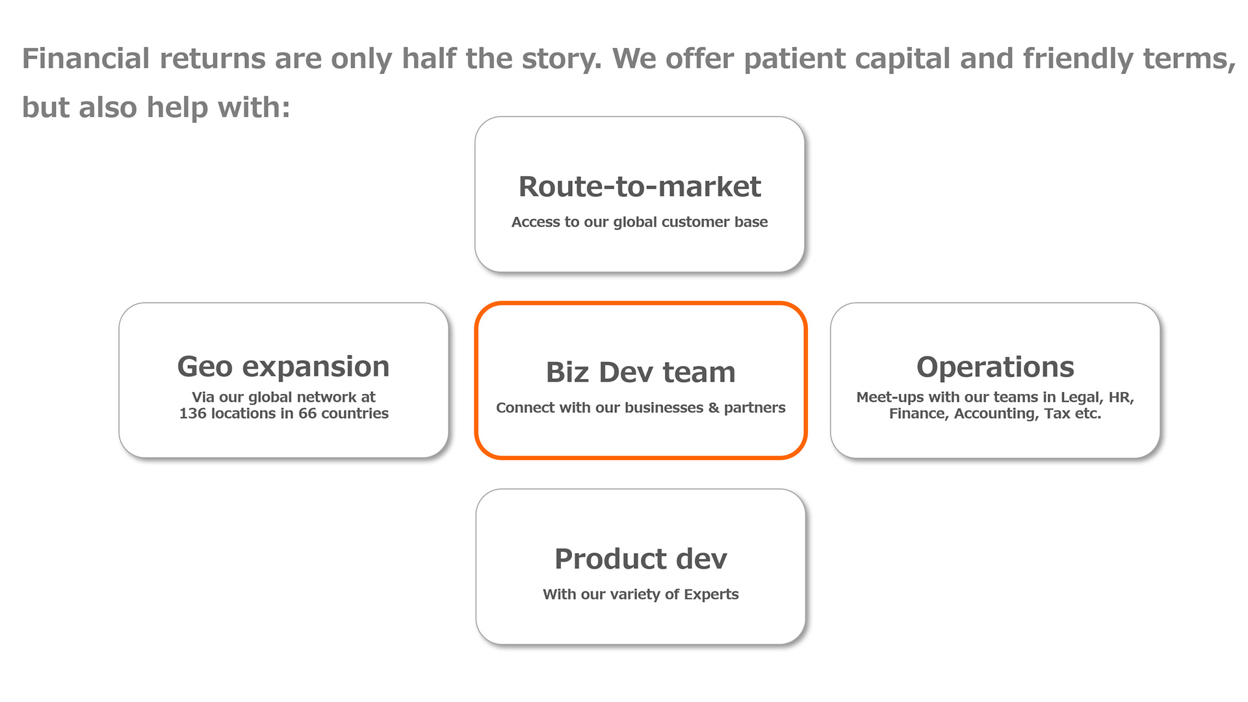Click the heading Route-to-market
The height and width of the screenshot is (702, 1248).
click(x=640, y=187)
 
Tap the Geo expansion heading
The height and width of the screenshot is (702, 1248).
click(x=283, y=367)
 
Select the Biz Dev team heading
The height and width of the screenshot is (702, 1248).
click(x=641, y=372)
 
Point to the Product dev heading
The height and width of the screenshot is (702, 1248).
click(x=641, y=559)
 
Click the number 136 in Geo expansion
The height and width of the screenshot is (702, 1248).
click(x=192, y=413)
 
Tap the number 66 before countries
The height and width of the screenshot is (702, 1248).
click(x=307, y=413)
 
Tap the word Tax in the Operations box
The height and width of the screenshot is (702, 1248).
click(x=1057, y=413)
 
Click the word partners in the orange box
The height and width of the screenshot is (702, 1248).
click(x=755, y=408)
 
